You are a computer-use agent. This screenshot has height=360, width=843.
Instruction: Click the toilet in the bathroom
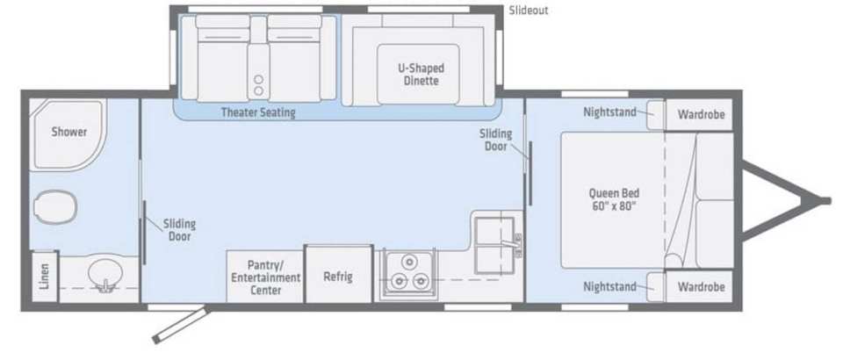click(x=54, y=206)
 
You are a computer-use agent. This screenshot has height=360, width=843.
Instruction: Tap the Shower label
click(x=69, y=132)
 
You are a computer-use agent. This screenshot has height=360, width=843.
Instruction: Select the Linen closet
click(x=44, y=277)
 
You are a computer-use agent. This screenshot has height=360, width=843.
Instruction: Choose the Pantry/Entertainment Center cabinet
click(x=265, y=277)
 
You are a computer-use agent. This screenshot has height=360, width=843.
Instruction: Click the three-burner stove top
click(x=408, y=274)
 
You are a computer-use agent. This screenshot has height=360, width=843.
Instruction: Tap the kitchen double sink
click(x=494, y=245)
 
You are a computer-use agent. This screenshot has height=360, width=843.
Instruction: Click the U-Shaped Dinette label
click(x=421, y=75)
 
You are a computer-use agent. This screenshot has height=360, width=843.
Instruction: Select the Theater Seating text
click(x=258, y=113)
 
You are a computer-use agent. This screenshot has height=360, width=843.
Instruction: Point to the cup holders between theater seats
click(x=258, y=85)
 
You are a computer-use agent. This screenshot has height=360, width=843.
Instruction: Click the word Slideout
click(x=529, y=11)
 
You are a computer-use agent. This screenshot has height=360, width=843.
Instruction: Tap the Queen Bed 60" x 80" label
click(x=614, y=199)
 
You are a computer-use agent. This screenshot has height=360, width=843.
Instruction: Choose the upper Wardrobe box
click(x=700, y=114)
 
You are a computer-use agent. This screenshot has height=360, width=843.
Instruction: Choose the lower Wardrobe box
click(x=700, y=287)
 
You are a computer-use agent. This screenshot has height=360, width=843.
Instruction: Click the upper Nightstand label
click(x=609, y=112)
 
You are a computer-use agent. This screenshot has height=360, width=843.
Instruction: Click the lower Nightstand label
click(x=609, y=287)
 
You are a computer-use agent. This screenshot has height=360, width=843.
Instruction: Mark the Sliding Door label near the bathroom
click(x=179, y=230)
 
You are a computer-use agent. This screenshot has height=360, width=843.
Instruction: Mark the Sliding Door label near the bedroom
click(x=495, y=140)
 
